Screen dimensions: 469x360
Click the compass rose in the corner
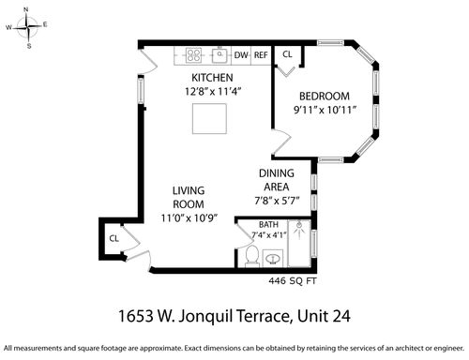(28, 27)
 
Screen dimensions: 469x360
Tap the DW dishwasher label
(241, 55)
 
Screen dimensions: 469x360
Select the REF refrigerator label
(261, 55)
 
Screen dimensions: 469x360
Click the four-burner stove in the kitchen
(193, 55)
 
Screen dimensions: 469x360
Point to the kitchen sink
(220, 55)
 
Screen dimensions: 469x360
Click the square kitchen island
(209, 119)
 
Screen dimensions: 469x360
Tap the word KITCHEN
(212, 78)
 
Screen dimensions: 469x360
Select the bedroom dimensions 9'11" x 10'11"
(325, 110)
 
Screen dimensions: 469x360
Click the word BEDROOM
(325, 97)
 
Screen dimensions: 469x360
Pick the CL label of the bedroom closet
(287, 54)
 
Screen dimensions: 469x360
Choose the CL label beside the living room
(114, 239)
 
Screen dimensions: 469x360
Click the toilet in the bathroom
(252, 257)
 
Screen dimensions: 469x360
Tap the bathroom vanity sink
(273, 259)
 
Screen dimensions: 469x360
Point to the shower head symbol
(299, 230)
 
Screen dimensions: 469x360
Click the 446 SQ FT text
(293, 281)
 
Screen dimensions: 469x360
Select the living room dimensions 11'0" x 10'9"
(189, 217)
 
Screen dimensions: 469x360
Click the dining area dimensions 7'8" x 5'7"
(277, 201)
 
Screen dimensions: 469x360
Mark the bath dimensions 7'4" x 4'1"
(269, 234)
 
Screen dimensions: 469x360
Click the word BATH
(268, 225)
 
